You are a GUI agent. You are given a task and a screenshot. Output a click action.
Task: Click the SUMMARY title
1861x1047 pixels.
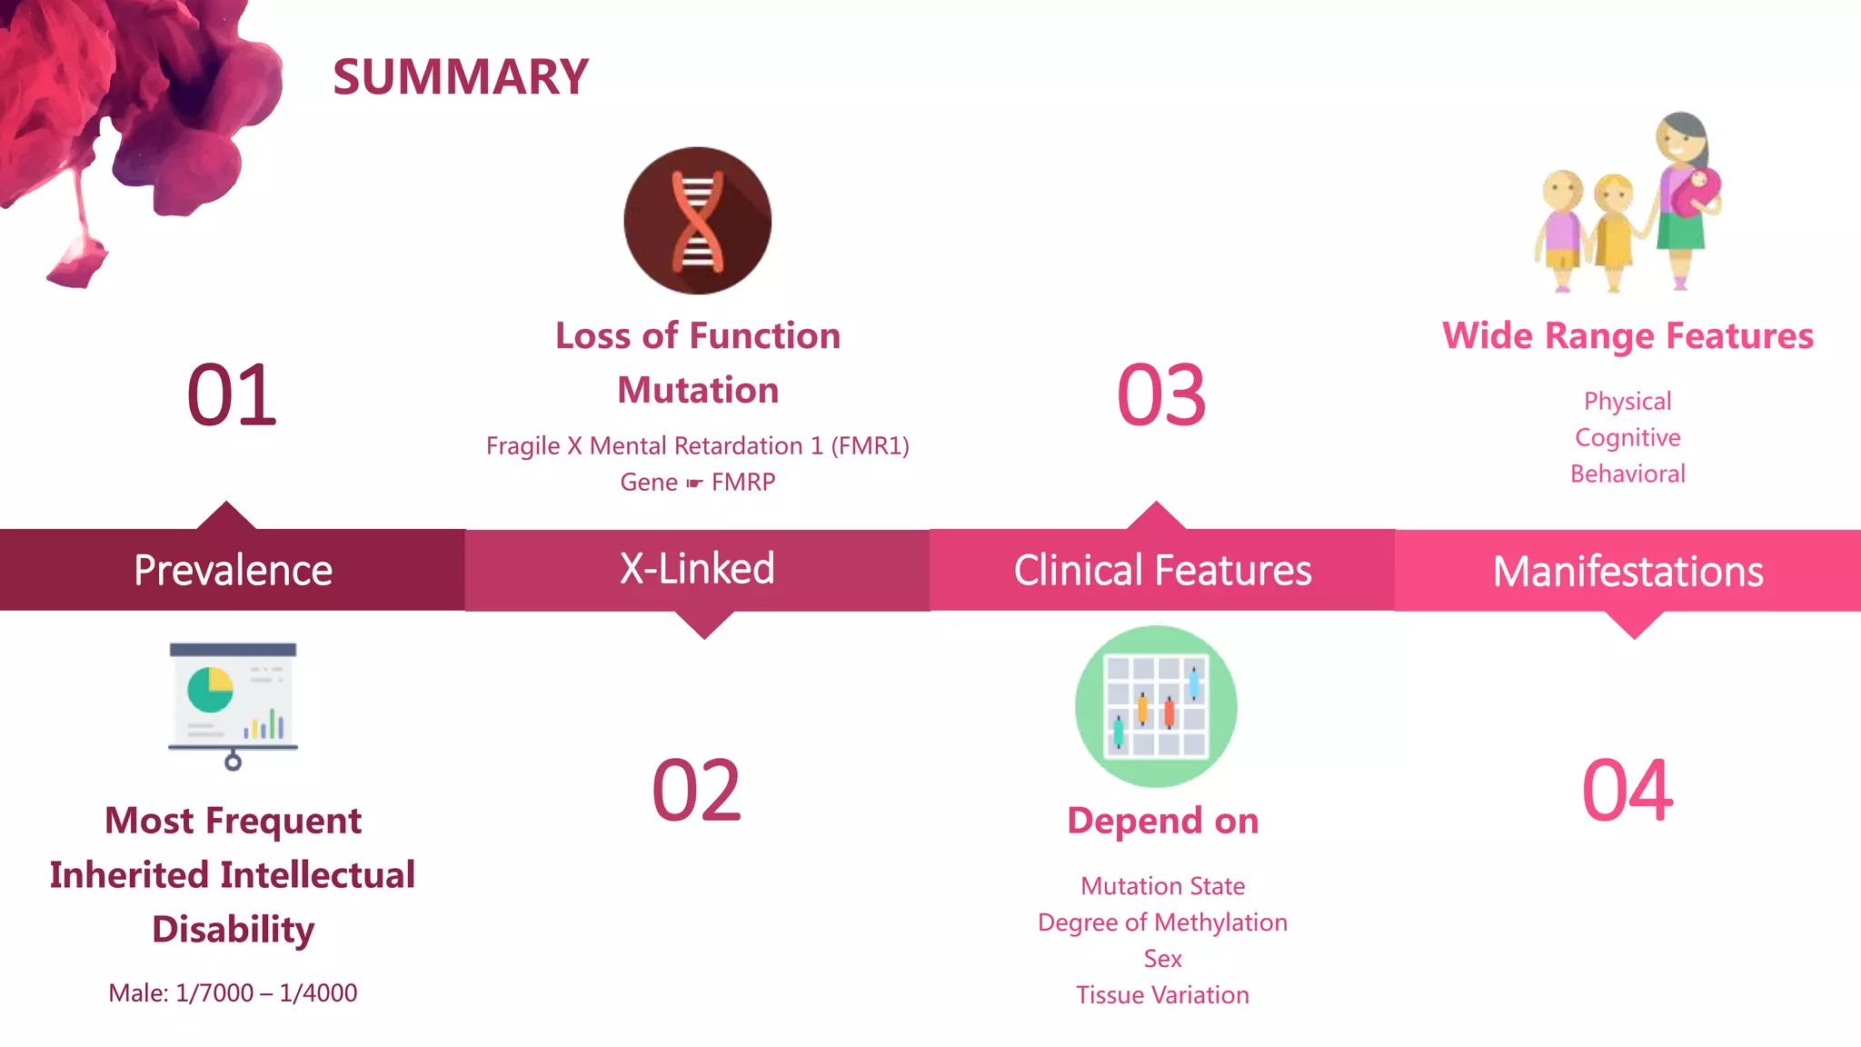point(461,76)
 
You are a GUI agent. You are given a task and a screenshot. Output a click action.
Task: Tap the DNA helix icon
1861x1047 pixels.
point(697,221)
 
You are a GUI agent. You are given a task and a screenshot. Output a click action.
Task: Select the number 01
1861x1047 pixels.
point(232,395)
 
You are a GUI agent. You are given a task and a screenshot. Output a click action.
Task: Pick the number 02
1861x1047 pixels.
point(697,791)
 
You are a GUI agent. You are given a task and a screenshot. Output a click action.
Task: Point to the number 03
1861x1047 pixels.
point(1161,395)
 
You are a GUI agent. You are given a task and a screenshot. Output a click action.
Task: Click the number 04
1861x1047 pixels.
point(1627,791)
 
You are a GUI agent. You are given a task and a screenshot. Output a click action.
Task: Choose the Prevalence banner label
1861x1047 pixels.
point(233,571)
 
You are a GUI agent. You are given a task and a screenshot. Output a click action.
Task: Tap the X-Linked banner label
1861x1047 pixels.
point(697,569)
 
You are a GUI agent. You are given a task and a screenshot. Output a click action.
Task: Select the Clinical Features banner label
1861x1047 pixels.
point(1162,571)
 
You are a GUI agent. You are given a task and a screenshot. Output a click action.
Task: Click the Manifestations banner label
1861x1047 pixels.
point(1627,572)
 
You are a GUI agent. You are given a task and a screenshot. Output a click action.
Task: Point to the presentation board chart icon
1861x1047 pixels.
point(233,704)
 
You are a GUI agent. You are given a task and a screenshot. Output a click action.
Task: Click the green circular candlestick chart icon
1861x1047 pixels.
point(1156,706)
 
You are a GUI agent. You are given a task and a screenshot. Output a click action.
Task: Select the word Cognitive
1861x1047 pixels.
point(1627,437)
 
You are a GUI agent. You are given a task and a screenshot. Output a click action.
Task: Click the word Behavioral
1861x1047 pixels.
point(1627,474)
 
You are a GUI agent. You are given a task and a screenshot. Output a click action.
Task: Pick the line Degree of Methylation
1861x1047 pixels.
point(1162,922)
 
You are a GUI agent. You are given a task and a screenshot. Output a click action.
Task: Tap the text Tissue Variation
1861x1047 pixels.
point(1162,995)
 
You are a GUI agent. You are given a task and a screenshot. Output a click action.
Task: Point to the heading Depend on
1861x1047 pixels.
point(1162,821)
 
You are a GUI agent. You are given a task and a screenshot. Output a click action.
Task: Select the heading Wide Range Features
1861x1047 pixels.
point(1627,336)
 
